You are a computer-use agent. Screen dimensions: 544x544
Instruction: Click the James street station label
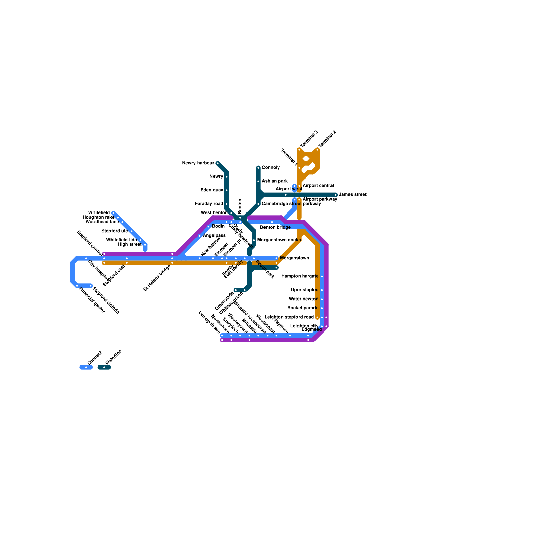click(353, 195)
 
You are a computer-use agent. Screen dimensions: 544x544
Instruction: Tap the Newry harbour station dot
click(218, 163)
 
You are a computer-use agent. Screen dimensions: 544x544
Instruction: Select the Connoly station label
click(271, 168)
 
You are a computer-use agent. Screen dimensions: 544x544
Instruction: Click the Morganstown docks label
click(279, 240)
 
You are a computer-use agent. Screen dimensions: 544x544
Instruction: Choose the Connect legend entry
click(94, 358)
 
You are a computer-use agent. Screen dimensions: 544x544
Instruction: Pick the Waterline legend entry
click(113, 357)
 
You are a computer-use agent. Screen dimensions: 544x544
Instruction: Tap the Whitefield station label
click(99, 213)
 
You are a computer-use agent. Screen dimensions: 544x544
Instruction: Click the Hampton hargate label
click(300, 276)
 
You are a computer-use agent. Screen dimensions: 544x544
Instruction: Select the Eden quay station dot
click(227, 190)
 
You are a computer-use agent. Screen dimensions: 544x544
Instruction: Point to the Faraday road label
click(209, 204)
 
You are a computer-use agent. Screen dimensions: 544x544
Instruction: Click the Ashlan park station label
click(275, 181)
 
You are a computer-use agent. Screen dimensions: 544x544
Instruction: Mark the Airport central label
click(318, 186)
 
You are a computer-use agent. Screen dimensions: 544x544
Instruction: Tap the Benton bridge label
click(275, 227)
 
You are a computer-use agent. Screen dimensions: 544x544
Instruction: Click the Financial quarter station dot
click(77, 286)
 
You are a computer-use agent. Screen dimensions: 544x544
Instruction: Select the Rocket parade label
click(303, 308)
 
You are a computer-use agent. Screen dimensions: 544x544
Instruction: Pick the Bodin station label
click(218, 226)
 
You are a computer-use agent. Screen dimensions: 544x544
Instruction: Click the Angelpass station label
click(214, 236)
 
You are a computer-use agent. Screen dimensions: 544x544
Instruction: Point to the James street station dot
click(336, 195)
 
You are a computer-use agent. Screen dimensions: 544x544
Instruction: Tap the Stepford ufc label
click(115, 231)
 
